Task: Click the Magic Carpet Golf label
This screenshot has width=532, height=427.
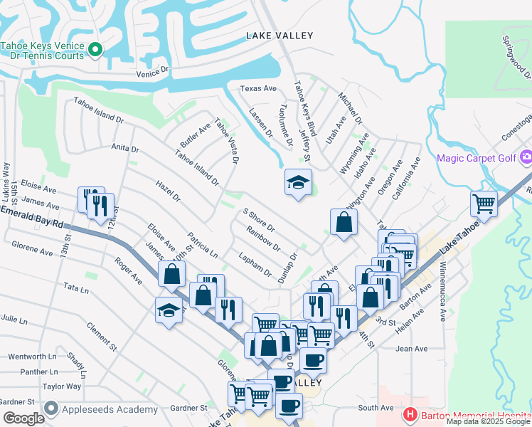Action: tap(476, 157)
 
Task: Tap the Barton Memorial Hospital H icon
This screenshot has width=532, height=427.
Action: tap(409, 413)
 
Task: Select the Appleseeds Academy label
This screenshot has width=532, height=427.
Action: tap(110, 409)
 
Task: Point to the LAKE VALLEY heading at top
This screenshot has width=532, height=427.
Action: tap(280, 35)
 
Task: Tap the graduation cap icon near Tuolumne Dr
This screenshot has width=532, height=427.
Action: tap(299, 183)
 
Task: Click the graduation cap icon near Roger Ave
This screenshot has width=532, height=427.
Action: tap(169, 310)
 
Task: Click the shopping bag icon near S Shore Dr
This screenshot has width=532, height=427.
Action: tap(344, 221)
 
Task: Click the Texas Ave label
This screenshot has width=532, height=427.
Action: tap(257, 88)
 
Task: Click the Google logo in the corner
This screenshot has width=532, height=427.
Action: tap(23, 418)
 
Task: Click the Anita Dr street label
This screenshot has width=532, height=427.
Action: tap(124, 147)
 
